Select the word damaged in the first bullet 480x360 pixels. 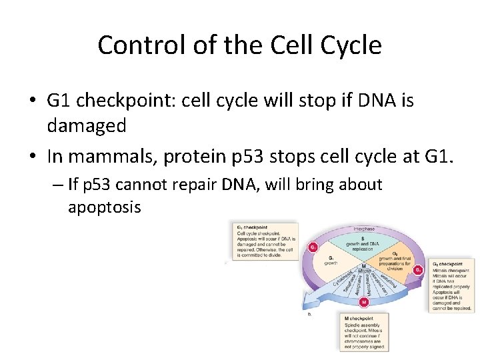pos(87,126)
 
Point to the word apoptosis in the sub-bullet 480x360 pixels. pos(104,207)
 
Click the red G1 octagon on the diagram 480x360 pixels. pos(311,248)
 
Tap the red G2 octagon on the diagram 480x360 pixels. pos(418,270)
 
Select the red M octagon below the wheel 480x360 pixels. pos(364,302)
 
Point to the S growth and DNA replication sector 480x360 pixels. pos(364,241)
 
